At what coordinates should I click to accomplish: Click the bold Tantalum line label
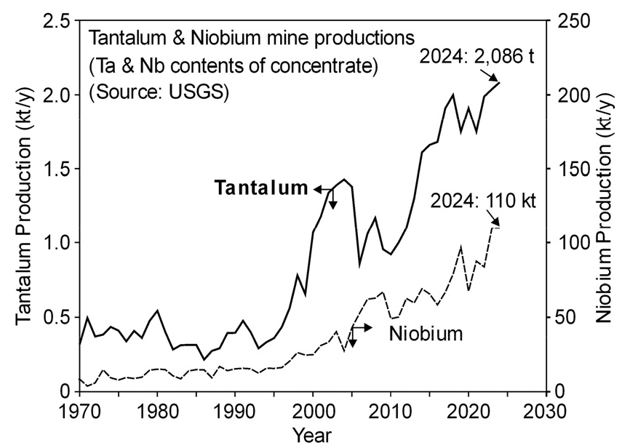[x=260, y=188]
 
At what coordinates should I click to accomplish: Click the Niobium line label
[x=426, y=335]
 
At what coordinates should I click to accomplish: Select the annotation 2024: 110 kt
[x=482, y=199]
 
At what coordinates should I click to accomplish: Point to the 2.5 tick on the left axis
[x=59, y=21]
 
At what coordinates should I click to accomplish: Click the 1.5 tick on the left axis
[x=59, y=169]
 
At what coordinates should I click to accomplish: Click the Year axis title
[x=312, y=435]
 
